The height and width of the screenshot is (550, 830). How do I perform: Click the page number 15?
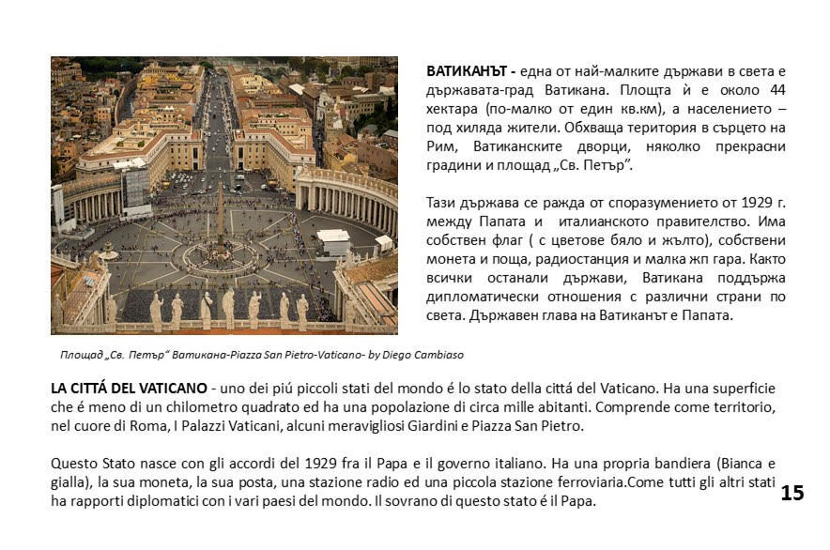click(792, 493)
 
